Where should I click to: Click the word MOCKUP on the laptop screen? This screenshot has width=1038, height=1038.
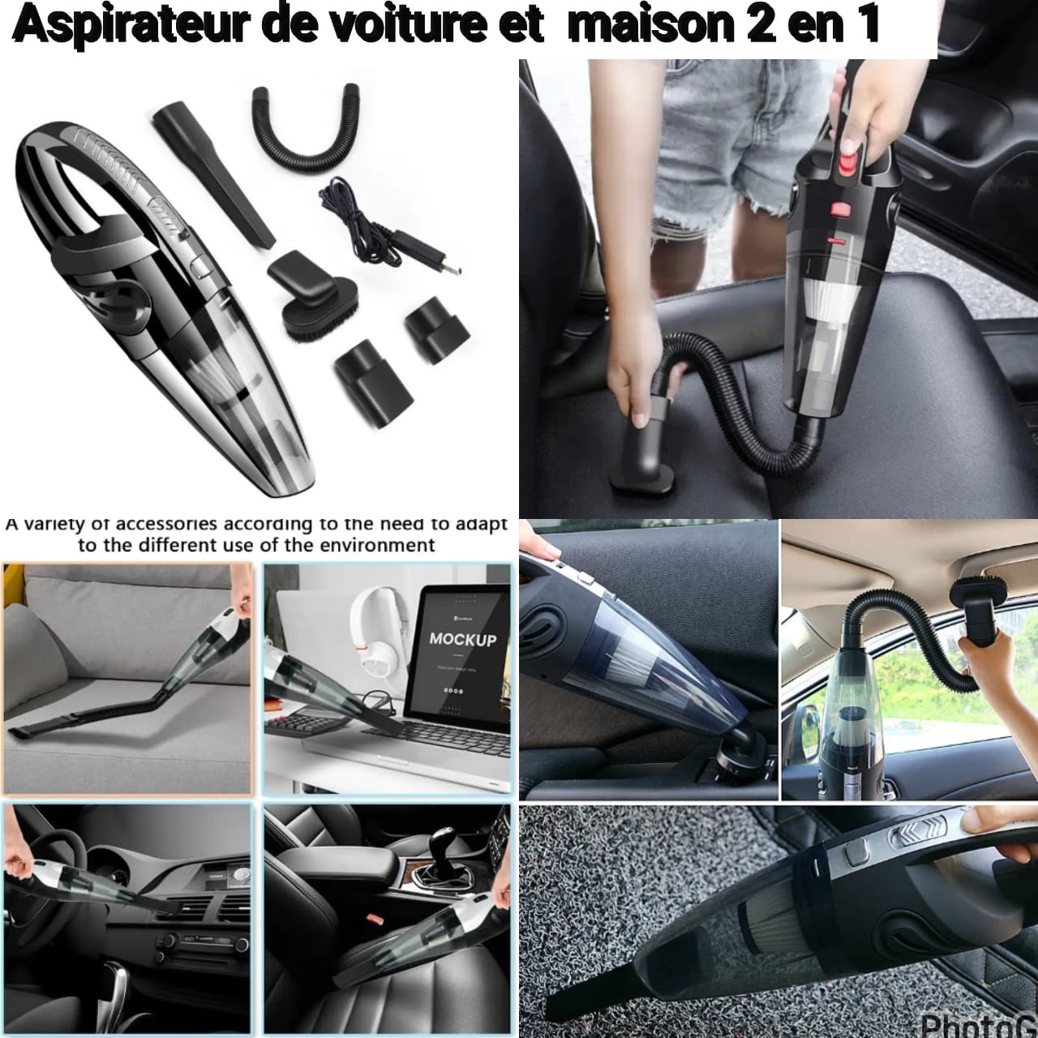(x=462, y=639)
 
